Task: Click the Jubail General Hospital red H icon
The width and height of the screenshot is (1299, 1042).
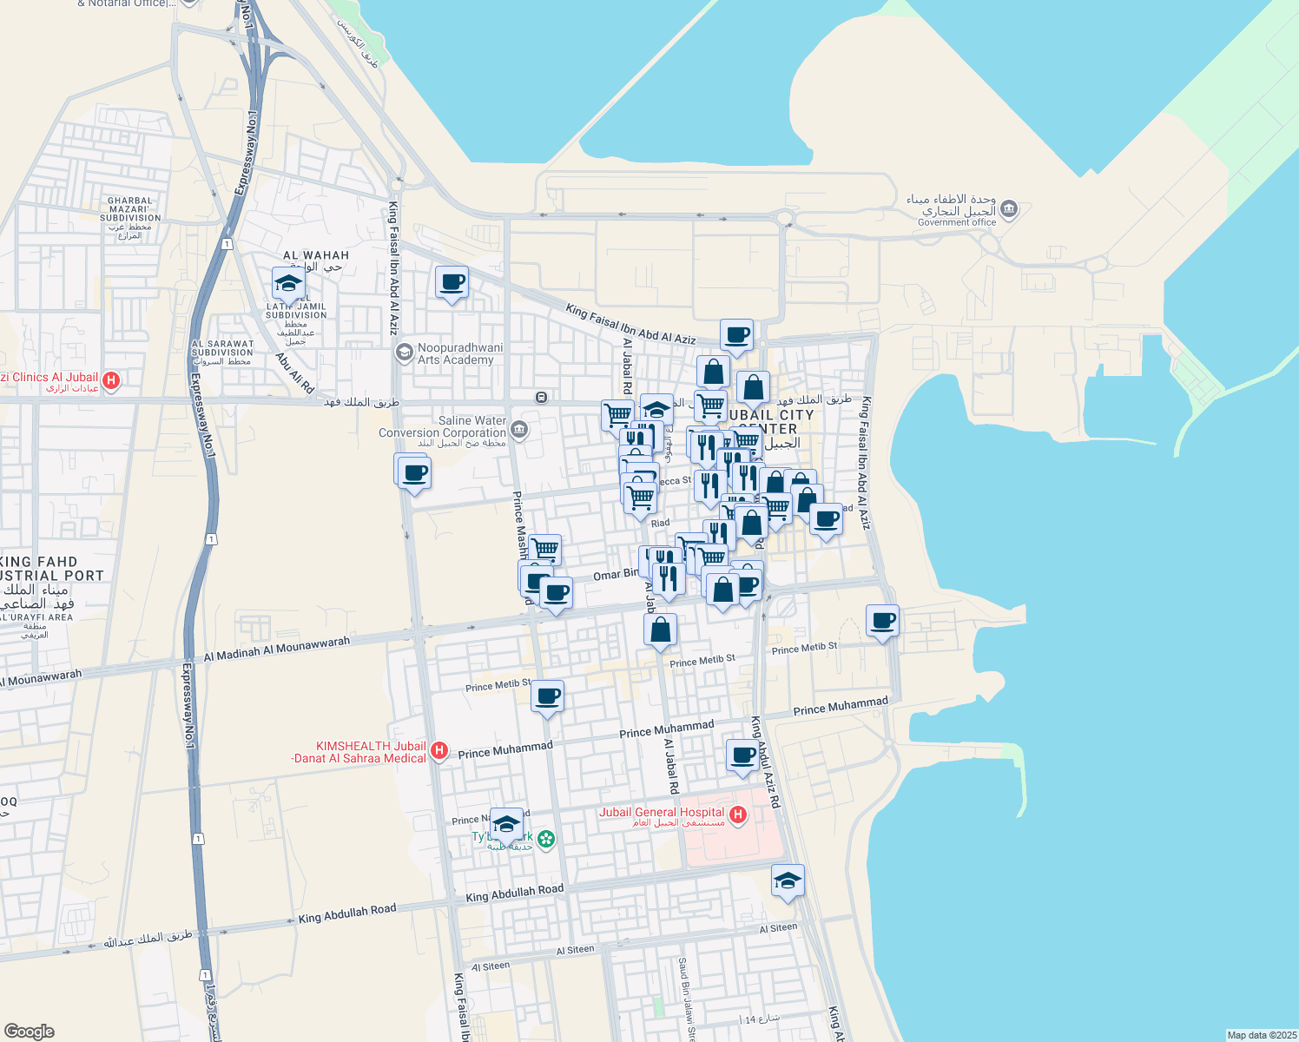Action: (738, 814)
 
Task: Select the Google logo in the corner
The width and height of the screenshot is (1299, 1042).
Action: (29, 1031)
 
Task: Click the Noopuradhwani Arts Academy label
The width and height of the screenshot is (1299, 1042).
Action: (460, 353)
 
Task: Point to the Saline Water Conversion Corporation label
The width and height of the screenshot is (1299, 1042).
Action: (442, 426)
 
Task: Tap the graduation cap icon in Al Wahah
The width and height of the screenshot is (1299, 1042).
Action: (288, 283)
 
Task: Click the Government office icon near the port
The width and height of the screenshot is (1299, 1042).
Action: (1009, 208)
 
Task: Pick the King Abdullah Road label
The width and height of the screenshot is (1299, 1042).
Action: (515, 892)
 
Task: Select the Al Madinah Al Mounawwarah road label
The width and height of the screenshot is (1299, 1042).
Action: (277, 649)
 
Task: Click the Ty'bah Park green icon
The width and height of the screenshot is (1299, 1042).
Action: (545, 839)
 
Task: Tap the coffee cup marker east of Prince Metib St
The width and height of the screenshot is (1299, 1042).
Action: (882, 621)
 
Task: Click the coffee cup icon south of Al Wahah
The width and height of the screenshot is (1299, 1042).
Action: (452, 282)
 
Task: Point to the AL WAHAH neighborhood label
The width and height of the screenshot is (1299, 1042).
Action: (316, 255)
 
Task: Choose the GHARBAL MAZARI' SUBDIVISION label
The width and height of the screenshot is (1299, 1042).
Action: (130, 209)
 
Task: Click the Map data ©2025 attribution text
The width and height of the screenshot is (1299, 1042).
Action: (1261, 1035)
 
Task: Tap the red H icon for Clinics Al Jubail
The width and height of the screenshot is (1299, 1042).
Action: (111, 379)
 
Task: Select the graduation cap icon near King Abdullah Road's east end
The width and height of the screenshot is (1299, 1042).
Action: (788, 880)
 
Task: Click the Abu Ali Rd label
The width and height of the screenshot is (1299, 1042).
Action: (295, 373)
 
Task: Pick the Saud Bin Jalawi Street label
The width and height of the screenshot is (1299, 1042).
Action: (687, 999)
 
